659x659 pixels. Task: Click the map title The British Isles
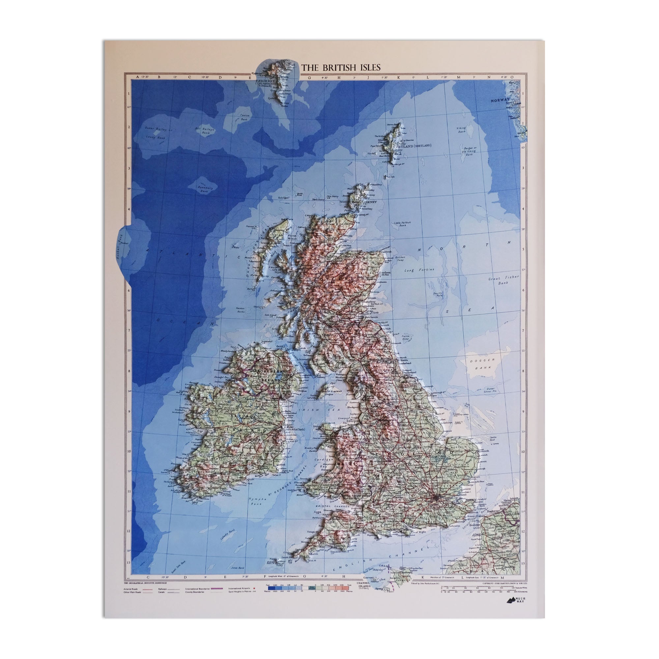coord(340,68)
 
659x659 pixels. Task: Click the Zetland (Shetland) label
coord(414,146)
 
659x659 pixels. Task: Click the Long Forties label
coord(419,270)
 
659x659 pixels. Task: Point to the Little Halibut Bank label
coord(403,224)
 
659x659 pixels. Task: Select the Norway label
coord(500,100)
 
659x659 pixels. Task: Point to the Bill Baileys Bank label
coord(205,131)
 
